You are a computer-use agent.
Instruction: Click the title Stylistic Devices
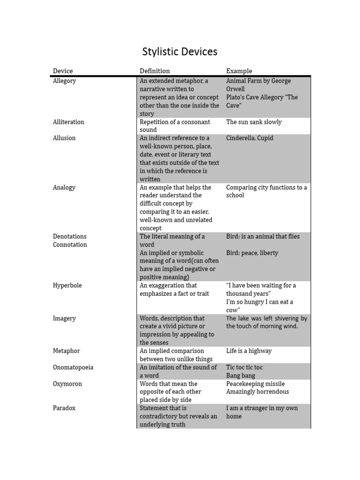tap(180, 52)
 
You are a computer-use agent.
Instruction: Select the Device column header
tap(63, 71)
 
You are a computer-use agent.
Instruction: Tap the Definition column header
tap(155, 71)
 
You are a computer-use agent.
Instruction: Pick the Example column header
tap(239, 71)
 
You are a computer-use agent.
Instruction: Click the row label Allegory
tap(64, 81)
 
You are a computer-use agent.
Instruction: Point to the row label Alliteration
tap(68, 122)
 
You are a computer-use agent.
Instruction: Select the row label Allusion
tap(64, 138)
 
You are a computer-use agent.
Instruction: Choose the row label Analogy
tap(64, 187)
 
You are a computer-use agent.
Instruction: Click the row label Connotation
tap(70, 245)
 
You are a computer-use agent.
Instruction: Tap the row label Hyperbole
tap(67, 285)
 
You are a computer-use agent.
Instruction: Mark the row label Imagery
tap(65, 318)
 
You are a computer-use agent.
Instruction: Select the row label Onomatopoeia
tap(73, 367)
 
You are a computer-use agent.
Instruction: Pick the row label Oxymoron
tap(67, 384)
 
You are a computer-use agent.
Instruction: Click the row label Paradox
tap(64, 408)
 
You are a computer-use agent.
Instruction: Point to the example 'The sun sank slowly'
tap(254, 122)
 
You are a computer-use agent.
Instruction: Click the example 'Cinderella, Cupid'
tap(249, 138)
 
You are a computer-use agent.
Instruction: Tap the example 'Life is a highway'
tap(249, 351)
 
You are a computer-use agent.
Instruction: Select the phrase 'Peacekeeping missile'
tap(255, 384)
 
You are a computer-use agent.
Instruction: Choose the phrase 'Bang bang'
tap(241, 375)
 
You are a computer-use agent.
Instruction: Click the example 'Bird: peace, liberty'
tap(252, 253)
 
